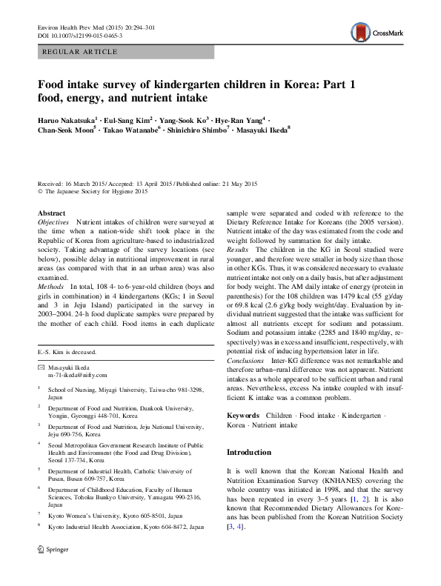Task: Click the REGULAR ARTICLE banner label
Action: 81,52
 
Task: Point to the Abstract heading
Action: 51,213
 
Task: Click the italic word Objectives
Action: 53,222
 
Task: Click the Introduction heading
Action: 249,452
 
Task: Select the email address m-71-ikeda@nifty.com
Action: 77,376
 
